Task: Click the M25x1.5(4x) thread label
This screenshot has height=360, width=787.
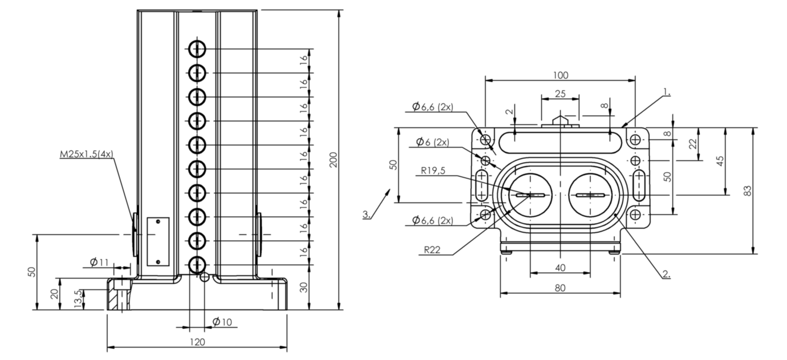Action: pyautogui.click(x=87, y=154)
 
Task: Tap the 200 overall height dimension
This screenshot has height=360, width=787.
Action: pyautogui.click(x=334, y=160)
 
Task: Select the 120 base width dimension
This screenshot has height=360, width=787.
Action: pyautogui.click(x=197, y=342)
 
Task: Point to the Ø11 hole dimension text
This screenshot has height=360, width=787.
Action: pyautogui.click(x=99, y=262)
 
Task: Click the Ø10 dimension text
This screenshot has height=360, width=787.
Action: pyautogui.click(x=222, y=322)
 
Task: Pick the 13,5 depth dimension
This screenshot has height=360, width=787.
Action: pyautogui.click(x=78, y=299)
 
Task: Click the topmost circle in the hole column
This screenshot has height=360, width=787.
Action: pyautogui.click(x=197, y=49)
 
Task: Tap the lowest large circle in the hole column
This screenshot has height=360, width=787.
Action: pyautogui.click(x=197, y=265)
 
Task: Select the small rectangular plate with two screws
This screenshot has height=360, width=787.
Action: pyautogui.click(x=158, y=241)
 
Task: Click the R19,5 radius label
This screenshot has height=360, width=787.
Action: pyautogui.click(x=433, y=171)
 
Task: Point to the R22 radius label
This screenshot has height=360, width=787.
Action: pyautogui.click(x=432, y=250)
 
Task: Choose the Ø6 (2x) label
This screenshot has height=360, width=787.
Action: pyautogui.click(x=432, y=142)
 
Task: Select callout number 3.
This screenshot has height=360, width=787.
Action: pyautogui.click(x=367, y=214)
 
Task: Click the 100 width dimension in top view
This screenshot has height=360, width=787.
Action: pyautogui.click(x=561, y=75)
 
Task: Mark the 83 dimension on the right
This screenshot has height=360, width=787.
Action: pyautogui.click(x=748, y=191)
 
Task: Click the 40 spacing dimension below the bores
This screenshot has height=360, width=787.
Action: pyautogui.click(x=561, y=268)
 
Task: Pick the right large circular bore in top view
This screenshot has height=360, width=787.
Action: pyautogui.click(x=590, y=195)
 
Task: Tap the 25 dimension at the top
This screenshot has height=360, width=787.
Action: pyautogui.click(x=561, y=94)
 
